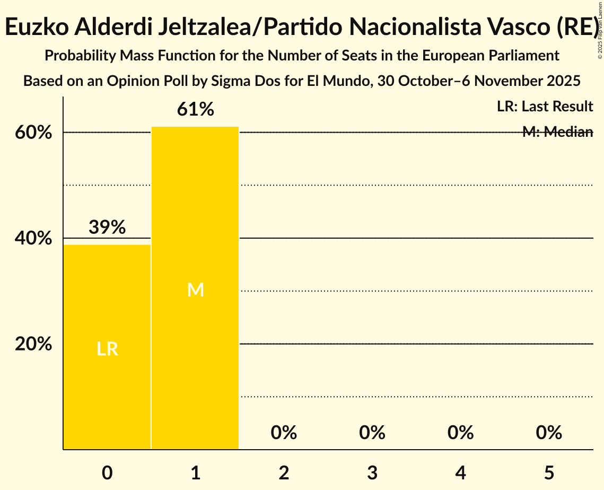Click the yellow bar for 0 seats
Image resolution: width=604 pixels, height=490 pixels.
[107, 347]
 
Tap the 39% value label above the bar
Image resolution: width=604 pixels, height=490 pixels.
[107, 227]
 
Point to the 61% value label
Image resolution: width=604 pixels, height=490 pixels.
[196, 110]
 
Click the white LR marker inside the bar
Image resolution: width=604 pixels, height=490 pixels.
[107, 349]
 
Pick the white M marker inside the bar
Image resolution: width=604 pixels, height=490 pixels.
[196, 290]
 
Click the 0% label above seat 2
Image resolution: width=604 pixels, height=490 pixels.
[284, 433]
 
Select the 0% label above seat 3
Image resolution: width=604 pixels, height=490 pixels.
[372, 433]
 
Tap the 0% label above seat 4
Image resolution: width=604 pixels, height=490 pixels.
[460, 433]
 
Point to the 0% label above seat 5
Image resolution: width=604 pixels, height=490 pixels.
[549, 433]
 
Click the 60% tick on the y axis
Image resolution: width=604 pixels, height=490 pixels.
[33, 133]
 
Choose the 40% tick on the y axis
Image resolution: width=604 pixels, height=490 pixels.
[33, 239]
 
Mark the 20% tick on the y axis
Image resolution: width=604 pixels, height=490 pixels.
[33, 344]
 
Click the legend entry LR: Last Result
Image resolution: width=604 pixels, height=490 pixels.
[545, 107]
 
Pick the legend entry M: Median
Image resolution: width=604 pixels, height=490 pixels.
[557, 132]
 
